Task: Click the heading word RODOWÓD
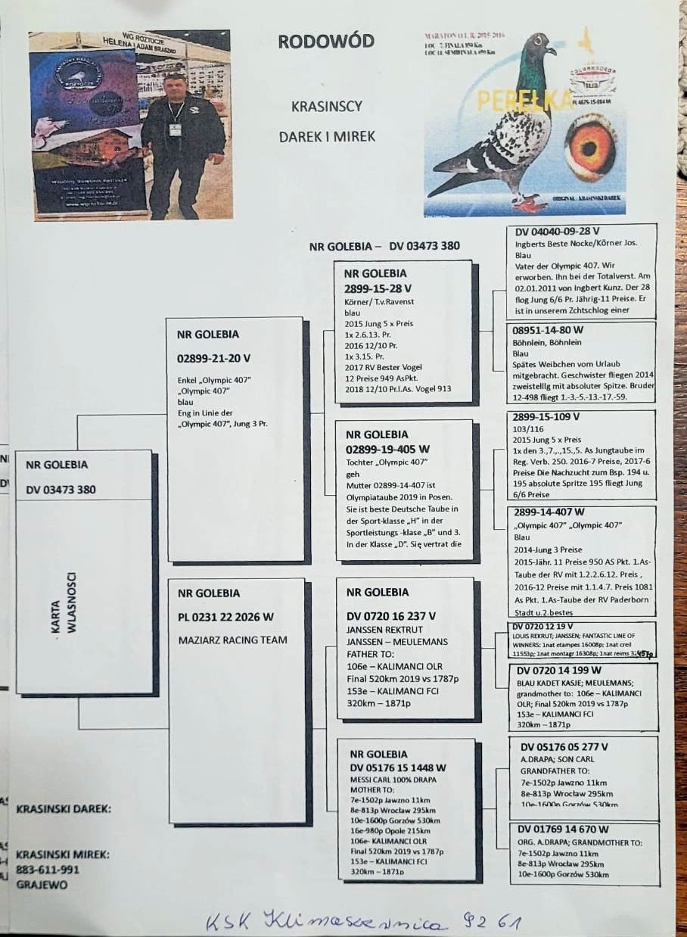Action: click(325, 42)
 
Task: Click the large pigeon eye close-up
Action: click(589, 148)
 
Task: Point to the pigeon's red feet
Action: click(529, 203)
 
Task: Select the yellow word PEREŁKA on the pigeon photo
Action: click(508, 101)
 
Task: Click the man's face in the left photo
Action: click(176, 87)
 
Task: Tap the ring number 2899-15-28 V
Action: click(378, 288)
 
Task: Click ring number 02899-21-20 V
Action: click(214, 358)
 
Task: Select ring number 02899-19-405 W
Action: click(387, 449)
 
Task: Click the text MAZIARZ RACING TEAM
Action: click(232, 640)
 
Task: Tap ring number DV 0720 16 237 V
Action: click(391, 617)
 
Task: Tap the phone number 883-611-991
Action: click(48, 870)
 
